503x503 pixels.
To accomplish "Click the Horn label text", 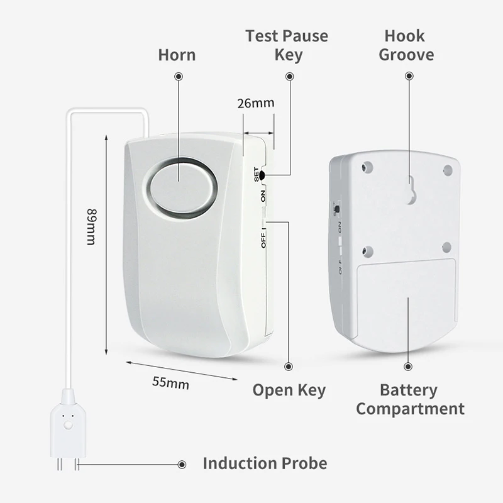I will coord(177,55).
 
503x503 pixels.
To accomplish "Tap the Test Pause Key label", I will coord(287,45).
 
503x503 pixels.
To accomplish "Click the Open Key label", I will coord(289,390).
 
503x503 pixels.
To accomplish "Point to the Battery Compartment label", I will coord(410,399).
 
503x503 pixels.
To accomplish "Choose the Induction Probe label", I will coord(265,464).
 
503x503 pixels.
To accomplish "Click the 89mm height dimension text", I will coord(91,226).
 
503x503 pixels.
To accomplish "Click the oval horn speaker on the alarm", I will coord(180,187).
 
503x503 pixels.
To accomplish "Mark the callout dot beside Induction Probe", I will coord(182,465).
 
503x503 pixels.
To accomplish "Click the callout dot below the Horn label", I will coord(179,76).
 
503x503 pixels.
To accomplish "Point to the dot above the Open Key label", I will coord(289,365).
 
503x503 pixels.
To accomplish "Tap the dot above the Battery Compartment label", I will coord(409,366).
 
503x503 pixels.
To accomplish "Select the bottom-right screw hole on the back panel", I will coord(446,246).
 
